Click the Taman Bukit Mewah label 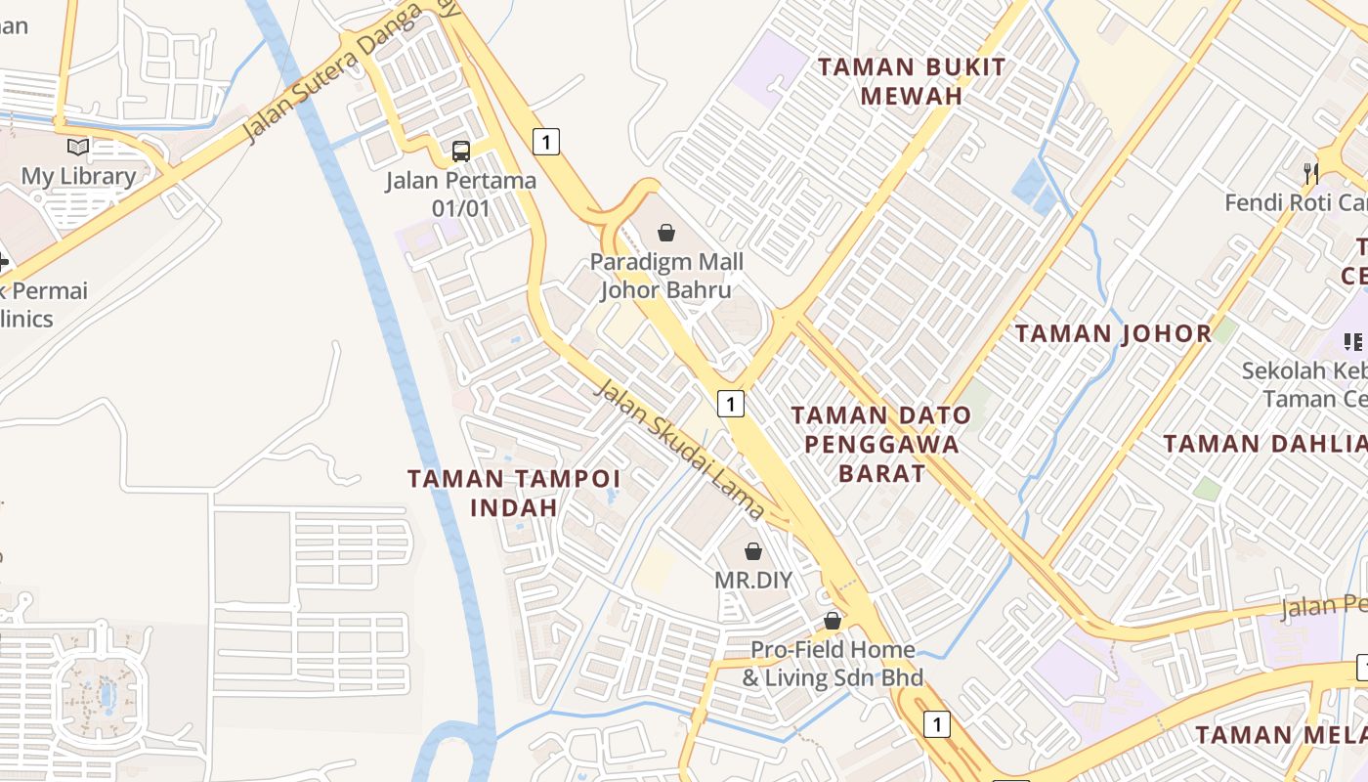(911, 81)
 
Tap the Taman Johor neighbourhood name (1113, 333)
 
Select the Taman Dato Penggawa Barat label (881, 444)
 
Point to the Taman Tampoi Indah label (514, 492)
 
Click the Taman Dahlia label (1264, 444)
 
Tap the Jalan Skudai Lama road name (680, 449)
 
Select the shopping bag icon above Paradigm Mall (665, 233)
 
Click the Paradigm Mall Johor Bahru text (665, 276)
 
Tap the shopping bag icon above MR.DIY (753, 551)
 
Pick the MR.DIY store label (753, 580)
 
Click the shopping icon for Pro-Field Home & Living (833, 621)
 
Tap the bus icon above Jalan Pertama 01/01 (460, 152)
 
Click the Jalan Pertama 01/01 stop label (460, 194)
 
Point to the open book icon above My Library (78, 148)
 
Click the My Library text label (78, 176)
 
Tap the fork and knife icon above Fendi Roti (1311, 174)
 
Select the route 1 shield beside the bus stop (546, 141)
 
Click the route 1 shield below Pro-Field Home (937, 724)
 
